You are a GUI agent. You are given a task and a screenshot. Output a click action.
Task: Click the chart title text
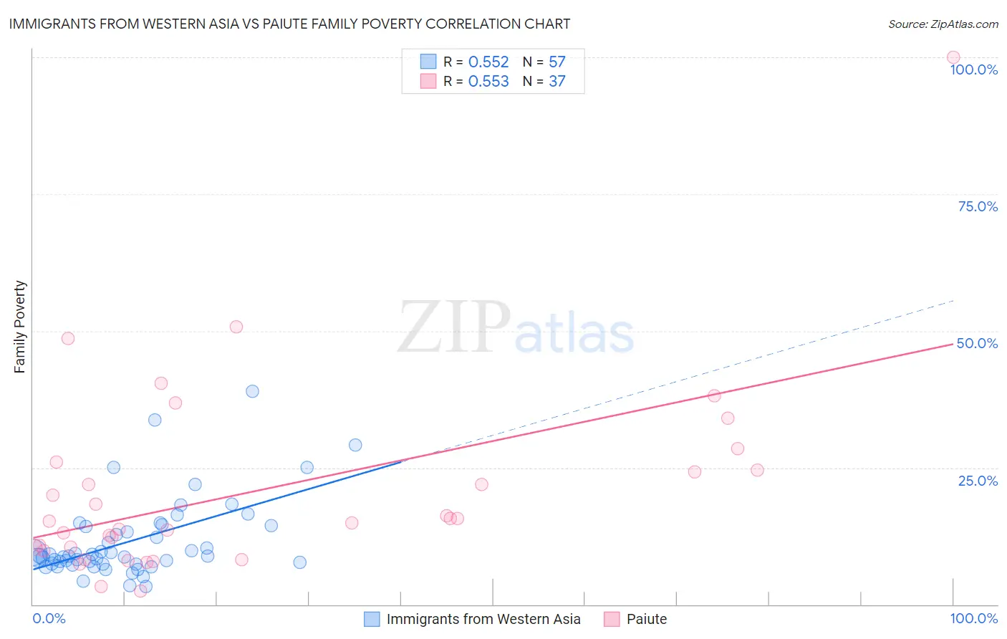click(x=289, y=24)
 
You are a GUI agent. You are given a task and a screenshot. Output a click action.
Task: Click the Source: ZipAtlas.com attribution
click(x=943, y=24)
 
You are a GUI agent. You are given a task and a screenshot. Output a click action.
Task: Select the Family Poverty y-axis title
click(x=19, y=327)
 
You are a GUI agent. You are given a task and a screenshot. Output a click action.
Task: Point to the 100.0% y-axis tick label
click(x=973, y=69)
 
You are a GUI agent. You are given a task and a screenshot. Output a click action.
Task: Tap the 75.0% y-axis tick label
click(x=978, y=206)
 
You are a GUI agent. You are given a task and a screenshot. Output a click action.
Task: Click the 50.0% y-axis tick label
click(x=977, y=343)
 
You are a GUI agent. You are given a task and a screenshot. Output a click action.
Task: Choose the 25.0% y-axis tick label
click(x=978, y=481)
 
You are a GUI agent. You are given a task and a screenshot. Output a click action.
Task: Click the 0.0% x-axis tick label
click(x=49, y=618)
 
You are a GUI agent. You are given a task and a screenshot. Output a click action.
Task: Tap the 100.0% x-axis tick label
click(x=973, y=618)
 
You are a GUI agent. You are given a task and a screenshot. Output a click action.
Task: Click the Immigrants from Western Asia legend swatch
click(x=372, y=619)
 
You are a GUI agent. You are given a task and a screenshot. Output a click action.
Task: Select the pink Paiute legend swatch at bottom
click(x=611, y=619)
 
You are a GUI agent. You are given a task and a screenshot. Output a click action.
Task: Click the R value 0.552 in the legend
click(x=488, y=62)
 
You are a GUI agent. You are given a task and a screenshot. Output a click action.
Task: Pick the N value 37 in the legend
click(x=556, y=82)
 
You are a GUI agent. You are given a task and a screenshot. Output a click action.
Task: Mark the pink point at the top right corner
click(x=953, y=57)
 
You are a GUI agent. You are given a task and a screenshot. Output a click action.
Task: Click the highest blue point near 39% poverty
click(x=252, y=391)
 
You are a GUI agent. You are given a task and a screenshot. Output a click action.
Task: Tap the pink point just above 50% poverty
click(x=236, y=327)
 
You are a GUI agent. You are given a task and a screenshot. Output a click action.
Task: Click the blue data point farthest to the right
click(x=355, y=445)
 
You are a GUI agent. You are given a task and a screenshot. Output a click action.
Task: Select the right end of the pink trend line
click(x=953, y=344)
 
